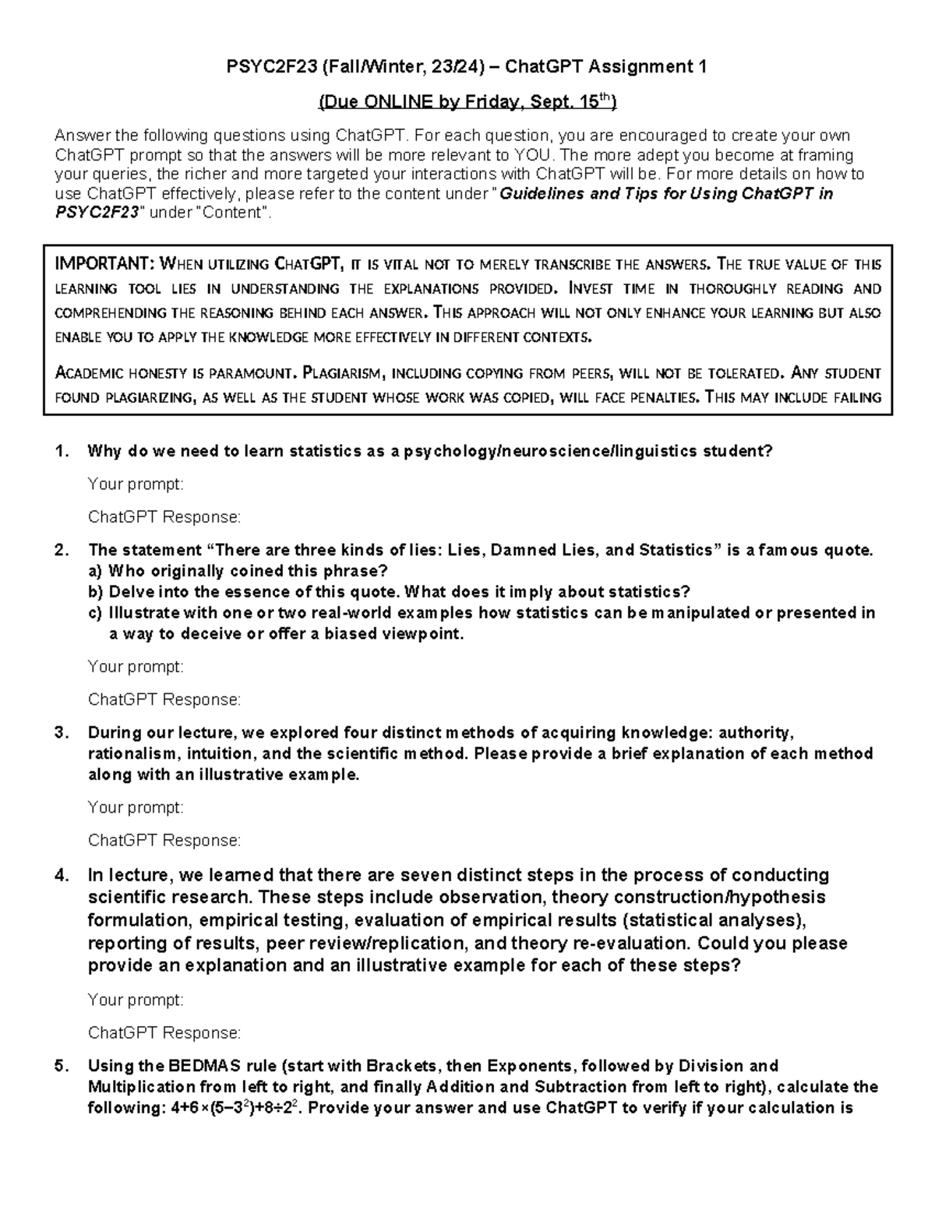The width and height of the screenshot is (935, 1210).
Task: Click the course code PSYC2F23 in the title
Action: click(x=263, y=67)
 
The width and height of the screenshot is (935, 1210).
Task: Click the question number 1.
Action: click(x=62, y=451)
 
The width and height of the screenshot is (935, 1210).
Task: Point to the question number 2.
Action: click(x=62, y=550)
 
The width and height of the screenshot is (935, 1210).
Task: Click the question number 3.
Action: click(x=62, y=732)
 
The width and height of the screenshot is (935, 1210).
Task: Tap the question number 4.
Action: click(x=62, y=874)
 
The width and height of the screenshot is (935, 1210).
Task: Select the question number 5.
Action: click(x=62, y=1066)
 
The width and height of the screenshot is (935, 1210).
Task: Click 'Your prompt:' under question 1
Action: click(x=136, y=485)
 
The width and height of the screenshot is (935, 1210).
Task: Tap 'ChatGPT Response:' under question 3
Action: click(x=164, y=841)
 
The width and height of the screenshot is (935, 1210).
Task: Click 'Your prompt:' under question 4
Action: click(x=136, y=1000)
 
